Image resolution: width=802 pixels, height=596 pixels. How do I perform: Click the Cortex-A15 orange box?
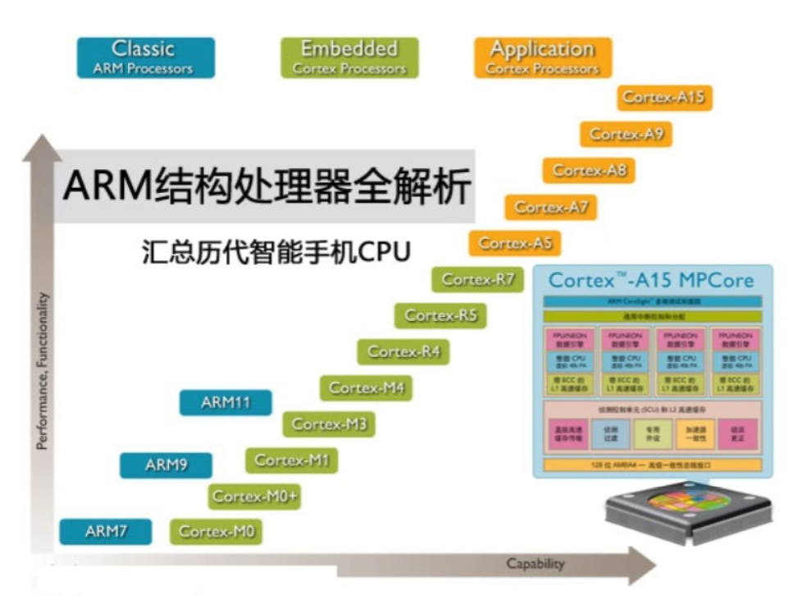pos(663,98)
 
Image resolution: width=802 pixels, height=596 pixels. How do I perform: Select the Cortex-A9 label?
pos(626,134)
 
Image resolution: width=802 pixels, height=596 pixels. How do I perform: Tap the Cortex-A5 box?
pos(515,243)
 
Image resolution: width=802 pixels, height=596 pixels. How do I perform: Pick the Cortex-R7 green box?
pos(477,279)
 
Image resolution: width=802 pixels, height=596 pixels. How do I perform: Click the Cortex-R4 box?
pos(403,351)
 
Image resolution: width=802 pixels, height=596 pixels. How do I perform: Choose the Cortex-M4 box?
pos(366,387)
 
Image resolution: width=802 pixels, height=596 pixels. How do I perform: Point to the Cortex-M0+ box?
pos(254,496)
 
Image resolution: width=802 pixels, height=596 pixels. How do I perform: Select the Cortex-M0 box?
pos(216,532)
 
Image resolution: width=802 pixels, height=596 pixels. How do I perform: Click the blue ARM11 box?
pos(225,403)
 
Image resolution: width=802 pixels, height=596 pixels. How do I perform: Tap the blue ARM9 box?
pos(166,465)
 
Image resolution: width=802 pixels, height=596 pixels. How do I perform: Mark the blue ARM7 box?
pos(106,532)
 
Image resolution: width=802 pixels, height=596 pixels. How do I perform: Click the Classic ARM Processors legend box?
pos(145,57)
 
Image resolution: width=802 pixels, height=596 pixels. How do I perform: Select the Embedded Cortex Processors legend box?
pos(349,57)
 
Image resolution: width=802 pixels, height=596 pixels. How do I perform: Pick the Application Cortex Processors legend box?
pos(542,57)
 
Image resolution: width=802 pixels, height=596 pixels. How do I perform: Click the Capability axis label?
pos(535,564)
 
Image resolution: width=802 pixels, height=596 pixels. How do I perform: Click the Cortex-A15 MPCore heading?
pos(650,280)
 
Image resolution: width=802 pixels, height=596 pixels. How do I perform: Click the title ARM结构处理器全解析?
pos(267,187)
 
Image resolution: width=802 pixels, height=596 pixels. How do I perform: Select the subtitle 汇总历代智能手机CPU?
pos(276,250)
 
